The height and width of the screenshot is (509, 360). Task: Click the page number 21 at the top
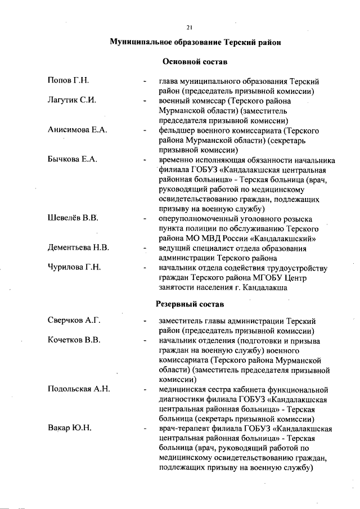(x=189, y=28)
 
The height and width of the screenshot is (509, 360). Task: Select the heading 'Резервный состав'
(x=190, y=304)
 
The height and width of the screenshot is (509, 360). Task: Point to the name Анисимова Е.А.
(x=77, y=130)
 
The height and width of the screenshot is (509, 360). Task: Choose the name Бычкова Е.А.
(x=73, y=159)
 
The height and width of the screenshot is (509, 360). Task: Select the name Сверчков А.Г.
(x=74, y=321)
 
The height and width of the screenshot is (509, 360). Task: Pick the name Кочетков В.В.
(x=74, y=340)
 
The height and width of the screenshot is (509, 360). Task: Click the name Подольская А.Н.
(x=78, y=389)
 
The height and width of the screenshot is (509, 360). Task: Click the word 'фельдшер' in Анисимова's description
(x=177, y=130)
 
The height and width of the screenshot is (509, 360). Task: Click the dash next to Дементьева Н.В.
(x=146, y=247)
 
